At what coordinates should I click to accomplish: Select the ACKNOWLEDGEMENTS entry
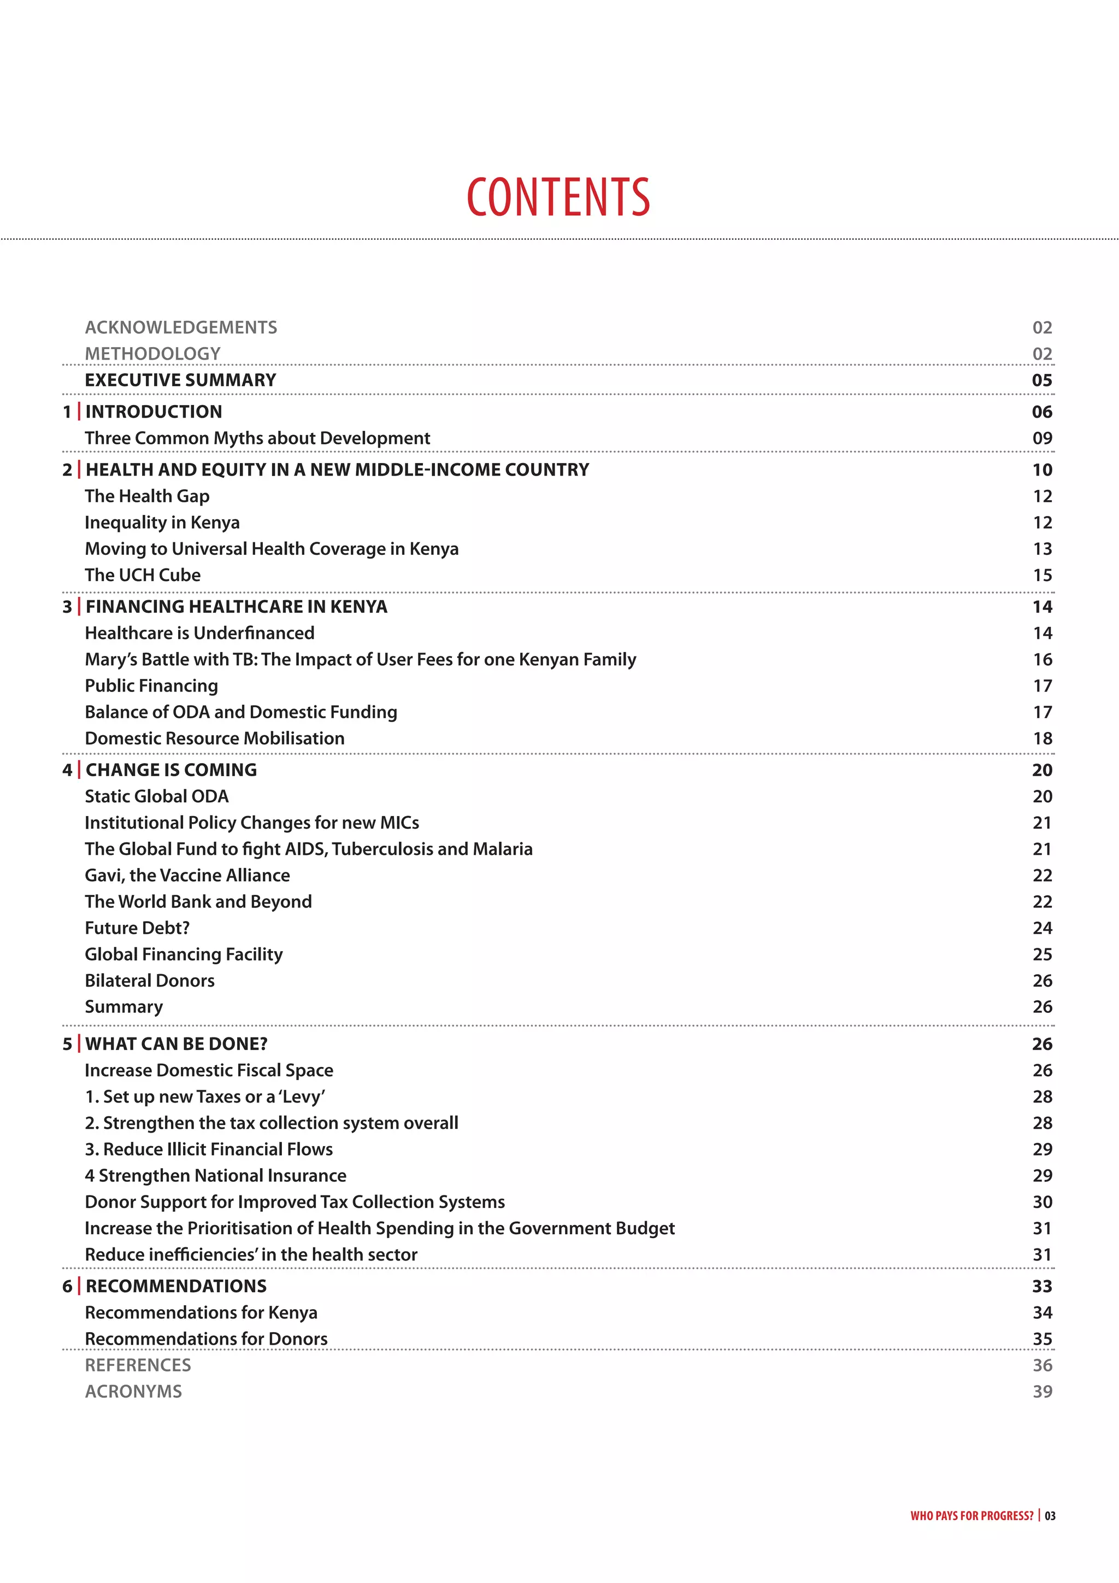click(180, 327)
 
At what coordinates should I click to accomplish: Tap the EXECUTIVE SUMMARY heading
click(180, 380)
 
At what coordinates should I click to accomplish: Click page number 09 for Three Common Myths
click(1042, 438)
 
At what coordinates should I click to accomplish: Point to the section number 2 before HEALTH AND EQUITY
click(67, 470)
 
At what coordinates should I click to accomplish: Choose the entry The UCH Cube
click(143, 575)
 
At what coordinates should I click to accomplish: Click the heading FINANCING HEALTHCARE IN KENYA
click(237, 607)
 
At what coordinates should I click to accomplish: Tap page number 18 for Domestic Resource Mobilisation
click(1042, 738)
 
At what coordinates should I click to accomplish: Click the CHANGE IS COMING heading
click(171, 770)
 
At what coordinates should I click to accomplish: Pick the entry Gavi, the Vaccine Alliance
click(187, 876)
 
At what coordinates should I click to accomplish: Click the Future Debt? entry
click(137, 928)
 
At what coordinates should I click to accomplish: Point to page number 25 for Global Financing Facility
click(1042, 954)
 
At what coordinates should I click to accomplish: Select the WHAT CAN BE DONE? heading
click(176, 1044)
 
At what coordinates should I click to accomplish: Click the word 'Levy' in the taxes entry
click(303, 1097)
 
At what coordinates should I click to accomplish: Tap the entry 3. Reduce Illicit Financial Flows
click(209, 1150)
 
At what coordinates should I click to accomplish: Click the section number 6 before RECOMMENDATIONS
click(67, 1287)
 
